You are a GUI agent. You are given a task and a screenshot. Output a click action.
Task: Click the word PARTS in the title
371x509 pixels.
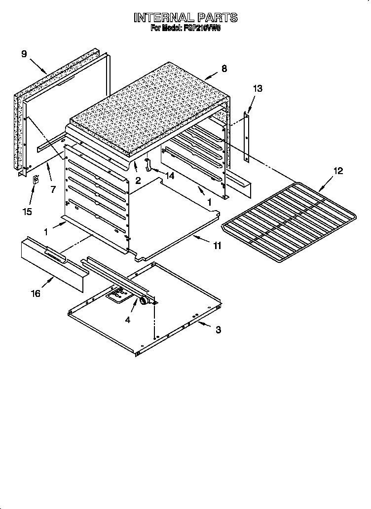point(214,18)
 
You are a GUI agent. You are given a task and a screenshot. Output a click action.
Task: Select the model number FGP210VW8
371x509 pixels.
point(202,29)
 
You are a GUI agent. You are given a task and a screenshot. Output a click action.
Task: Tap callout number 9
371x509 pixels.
point(24,54)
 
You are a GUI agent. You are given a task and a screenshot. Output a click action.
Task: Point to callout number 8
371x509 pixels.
point(224,69)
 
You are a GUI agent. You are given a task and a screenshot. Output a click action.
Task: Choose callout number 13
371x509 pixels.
point(258,89)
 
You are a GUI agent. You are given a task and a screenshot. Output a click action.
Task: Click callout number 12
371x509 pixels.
point(337,171)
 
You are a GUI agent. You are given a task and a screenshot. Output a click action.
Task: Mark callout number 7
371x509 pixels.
point(53,189)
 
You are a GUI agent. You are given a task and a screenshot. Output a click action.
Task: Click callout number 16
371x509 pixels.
point(36,294)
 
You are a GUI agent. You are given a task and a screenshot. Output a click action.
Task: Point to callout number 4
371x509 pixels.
point(127,320)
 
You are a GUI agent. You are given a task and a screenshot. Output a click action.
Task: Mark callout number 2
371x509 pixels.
point(138,181)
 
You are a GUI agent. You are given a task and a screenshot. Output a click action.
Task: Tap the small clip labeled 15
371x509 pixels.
point(35,181)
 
